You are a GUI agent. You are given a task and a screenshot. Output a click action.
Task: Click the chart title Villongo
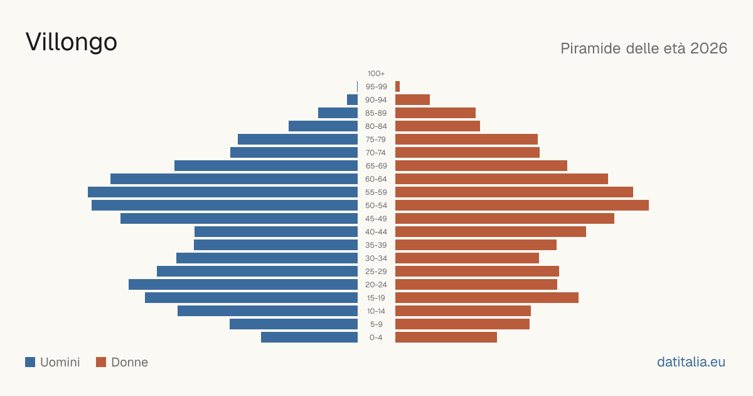(72, 42)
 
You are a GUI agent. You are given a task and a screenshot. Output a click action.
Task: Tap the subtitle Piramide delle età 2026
(644, 48)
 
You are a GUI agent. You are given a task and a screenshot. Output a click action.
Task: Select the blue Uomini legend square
(30, 362)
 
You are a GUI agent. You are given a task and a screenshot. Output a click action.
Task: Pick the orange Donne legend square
(101, 362)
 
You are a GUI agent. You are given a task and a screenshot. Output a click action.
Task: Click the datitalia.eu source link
(691, 362)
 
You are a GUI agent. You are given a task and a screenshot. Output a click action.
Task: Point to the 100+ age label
(376, 74)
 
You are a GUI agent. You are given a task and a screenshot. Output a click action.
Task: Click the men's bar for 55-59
(223, 192)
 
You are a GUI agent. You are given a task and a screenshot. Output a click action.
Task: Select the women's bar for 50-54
(522, 206)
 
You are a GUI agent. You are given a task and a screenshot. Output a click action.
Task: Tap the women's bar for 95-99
(397, 87)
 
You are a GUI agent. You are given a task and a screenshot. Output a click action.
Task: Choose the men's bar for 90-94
(352, 100)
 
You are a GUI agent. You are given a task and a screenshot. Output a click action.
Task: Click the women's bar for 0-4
(446, 338)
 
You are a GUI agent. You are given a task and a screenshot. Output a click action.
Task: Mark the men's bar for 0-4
(309, 338)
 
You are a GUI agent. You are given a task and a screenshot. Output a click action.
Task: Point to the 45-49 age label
(376, 219)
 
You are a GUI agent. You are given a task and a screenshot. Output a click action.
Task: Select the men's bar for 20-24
(243, 285)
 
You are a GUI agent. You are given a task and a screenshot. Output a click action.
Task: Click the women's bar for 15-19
(487, 298)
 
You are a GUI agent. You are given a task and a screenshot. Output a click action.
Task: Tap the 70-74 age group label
(376, 153)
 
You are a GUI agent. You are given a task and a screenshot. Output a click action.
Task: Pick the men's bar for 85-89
(338, 113)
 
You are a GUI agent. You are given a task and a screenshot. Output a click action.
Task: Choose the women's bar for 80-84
(438, 126)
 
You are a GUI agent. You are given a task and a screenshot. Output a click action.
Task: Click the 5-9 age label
(376, 324)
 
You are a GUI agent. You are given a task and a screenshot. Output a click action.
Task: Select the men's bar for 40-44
(276, 232)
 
